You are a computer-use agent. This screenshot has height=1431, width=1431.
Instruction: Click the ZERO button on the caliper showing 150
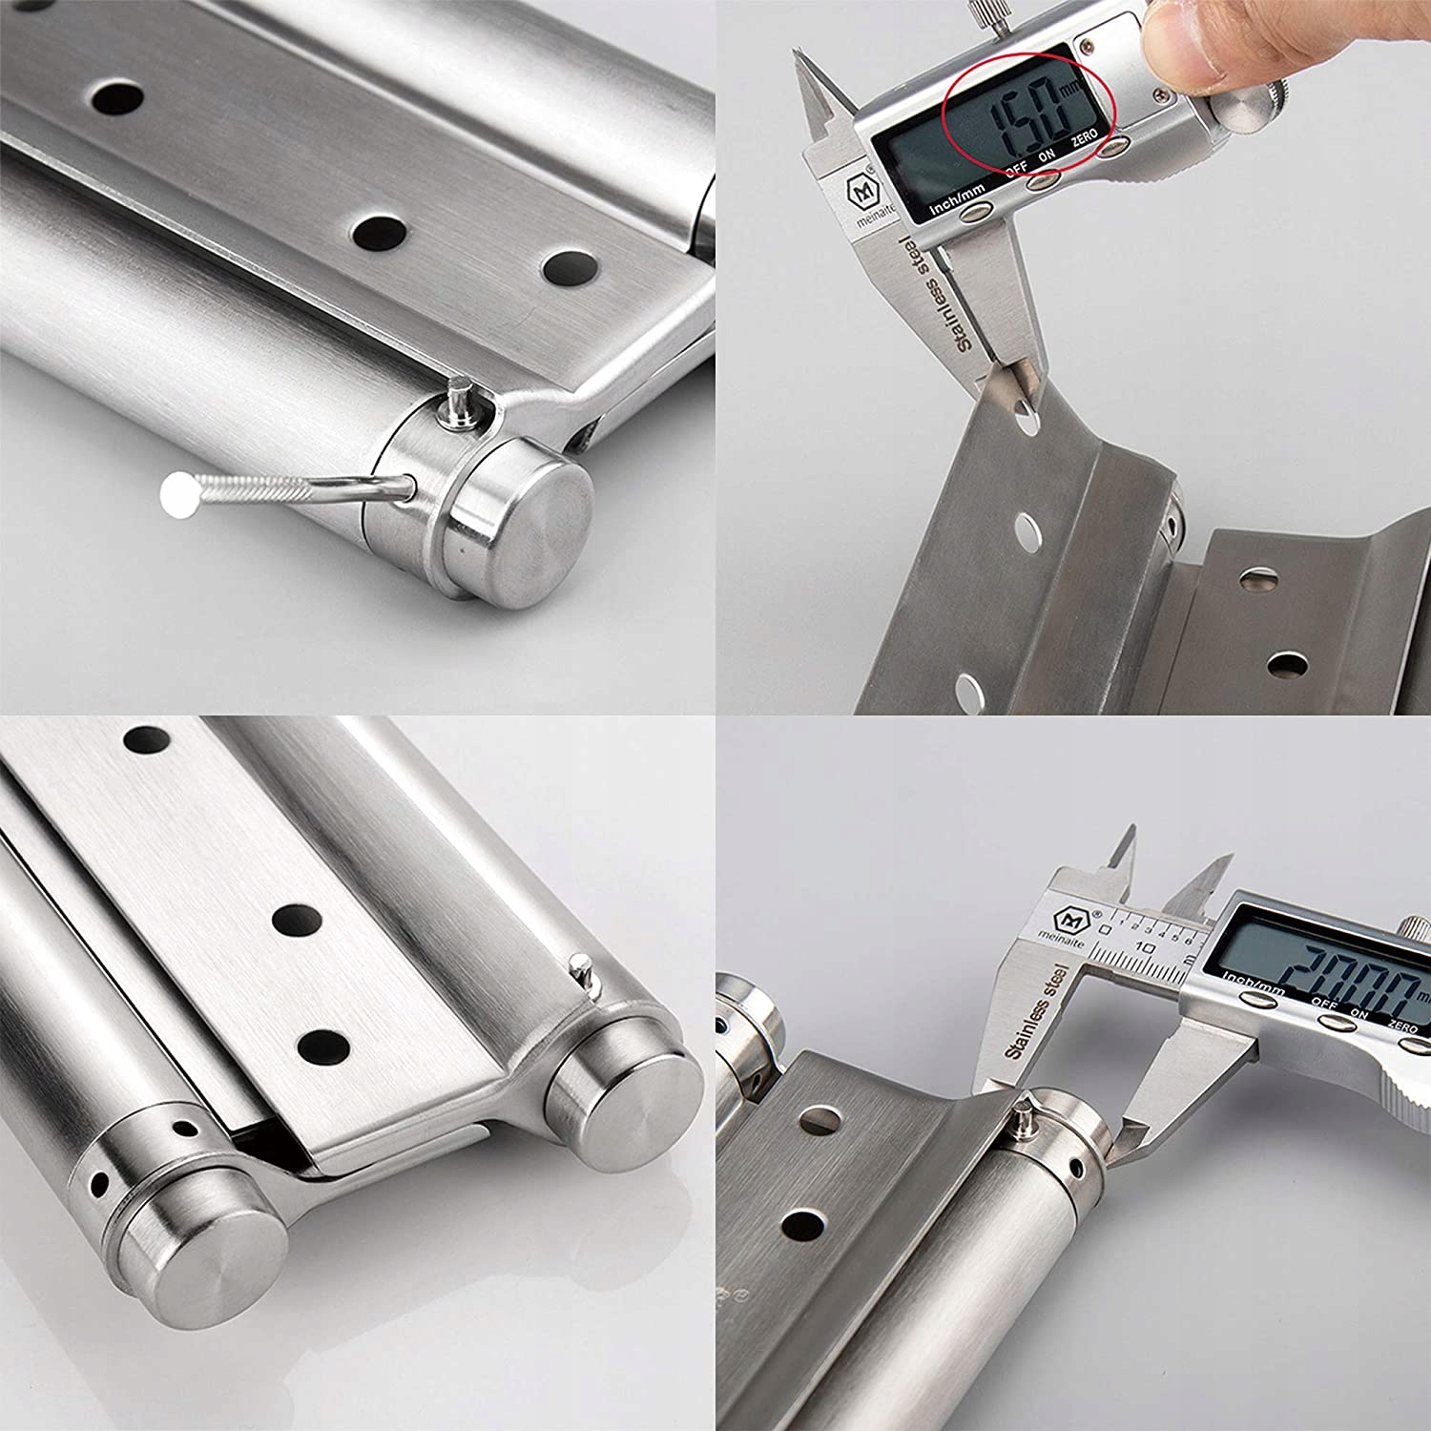point(1110,146)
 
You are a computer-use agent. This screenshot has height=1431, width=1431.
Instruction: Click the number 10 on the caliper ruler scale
point(1146,947)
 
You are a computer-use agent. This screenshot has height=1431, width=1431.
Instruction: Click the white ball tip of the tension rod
point(178,494)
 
